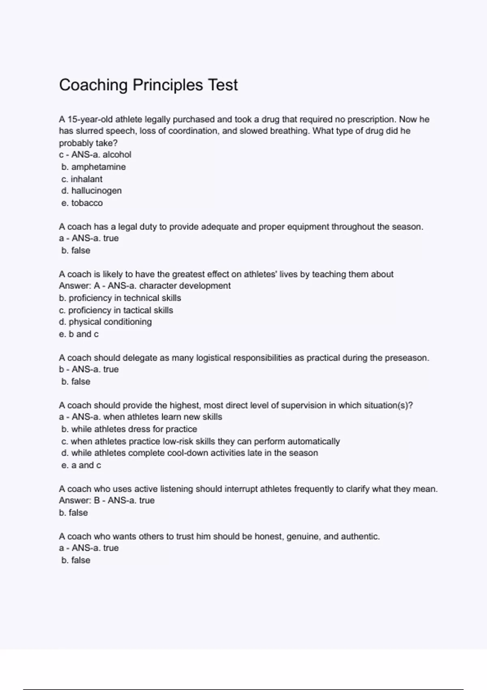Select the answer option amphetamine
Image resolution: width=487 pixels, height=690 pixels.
tap(98, 167)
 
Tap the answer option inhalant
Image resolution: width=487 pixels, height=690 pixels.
tap(86, 179)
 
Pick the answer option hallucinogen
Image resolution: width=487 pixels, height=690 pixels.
tap(96, 191)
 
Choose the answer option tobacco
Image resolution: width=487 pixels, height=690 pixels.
tap(87, 203)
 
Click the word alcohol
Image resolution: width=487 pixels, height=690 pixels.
tap(117, 155)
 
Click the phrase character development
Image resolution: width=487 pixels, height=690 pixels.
tap(185, 286)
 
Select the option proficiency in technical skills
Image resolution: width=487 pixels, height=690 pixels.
tap(125, 298)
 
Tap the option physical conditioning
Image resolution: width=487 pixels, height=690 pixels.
tap(110, 322)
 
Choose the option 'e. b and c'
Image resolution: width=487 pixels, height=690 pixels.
tap(79, 334)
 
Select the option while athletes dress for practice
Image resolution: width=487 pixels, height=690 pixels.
tap(134, 429)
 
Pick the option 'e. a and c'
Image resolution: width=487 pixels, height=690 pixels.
tap(81, 465)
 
